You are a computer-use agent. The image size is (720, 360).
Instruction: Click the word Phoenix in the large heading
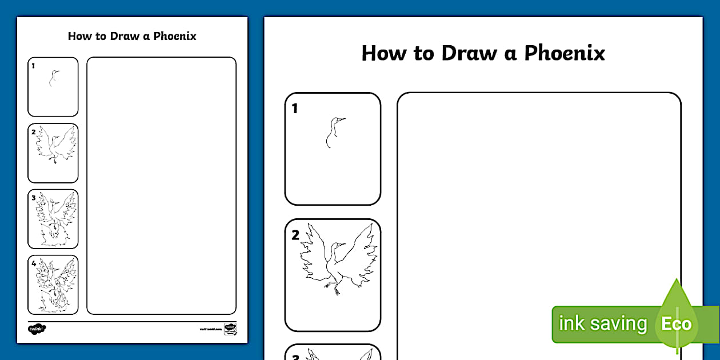click(565, 53)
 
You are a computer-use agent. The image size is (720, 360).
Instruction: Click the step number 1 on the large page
click(295, 109)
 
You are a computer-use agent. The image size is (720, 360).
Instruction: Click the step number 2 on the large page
click(295, 235)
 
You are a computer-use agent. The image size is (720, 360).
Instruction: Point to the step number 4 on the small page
click(34, 263)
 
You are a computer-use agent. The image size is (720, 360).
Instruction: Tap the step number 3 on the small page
click(34, 198)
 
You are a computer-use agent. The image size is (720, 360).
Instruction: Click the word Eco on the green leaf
click(677, 324)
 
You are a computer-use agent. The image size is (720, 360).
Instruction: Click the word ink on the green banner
click(570, 324)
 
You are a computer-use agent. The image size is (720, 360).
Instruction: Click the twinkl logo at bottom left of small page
click(37, 329)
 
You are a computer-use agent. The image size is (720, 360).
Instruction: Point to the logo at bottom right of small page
click(230, 329)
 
